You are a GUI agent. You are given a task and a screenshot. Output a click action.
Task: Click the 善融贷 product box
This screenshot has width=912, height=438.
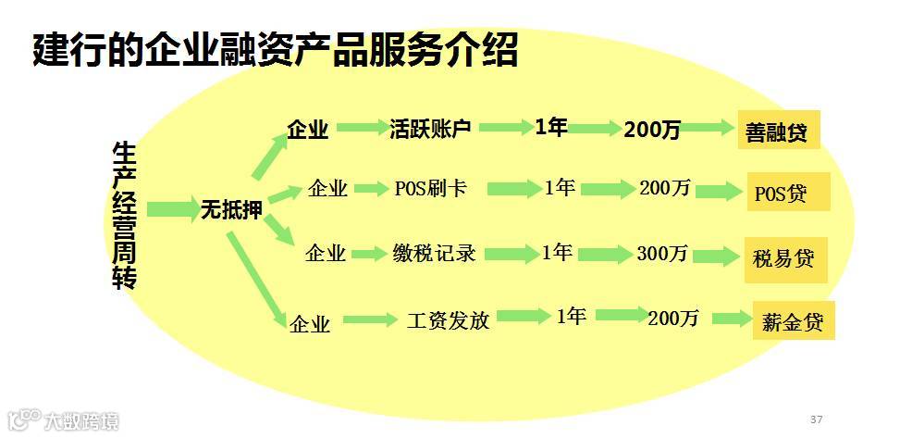(778, 131)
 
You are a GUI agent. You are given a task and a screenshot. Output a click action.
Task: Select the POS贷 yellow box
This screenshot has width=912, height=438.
(788, 193)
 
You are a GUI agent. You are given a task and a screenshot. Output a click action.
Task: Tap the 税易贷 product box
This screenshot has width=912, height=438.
(785, 258)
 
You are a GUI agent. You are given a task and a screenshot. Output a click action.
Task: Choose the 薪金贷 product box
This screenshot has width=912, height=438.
(793, 321)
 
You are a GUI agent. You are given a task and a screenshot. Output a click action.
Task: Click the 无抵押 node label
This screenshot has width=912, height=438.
(231, 210)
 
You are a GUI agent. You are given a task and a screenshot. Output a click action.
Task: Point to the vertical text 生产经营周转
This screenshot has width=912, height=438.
(124, 215)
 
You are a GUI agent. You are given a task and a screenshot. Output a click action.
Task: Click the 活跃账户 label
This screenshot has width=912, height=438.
(431, 129)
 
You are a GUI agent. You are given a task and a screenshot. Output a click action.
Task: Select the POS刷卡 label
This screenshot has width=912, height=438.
(430, 189)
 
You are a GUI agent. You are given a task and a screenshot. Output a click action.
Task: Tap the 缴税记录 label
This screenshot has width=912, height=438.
(434, 252)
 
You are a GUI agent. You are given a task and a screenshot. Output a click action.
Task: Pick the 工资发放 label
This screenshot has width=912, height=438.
(448, 320)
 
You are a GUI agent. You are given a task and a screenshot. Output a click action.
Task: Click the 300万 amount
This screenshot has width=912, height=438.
(662, 254)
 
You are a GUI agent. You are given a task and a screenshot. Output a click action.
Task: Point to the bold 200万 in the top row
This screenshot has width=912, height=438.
(652, 131)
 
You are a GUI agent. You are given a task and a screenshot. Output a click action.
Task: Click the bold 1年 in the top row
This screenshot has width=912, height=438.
(551, 128)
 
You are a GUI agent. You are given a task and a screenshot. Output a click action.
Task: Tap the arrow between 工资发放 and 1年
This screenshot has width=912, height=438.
(518, 319)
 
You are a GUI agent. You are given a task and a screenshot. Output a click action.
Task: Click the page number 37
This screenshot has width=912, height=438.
(816, 419)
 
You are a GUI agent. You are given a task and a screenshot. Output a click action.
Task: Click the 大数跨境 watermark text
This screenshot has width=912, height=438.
(81, 422)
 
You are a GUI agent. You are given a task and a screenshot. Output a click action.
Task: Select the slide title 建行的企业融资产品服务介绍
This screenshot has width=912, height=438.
(275, 51)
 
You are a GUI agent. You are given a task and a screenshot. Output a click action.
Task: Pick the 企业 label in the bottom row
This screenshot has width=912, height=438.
(310, 324)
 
